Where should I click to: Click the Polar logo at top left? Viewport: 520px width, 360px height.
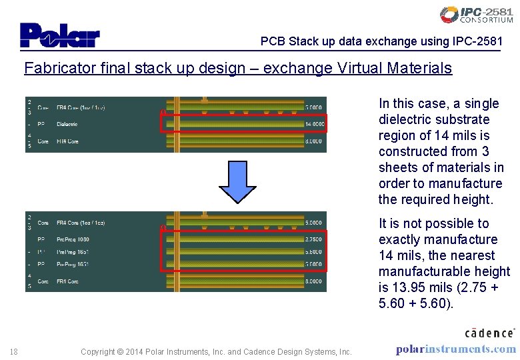tap(59, 35)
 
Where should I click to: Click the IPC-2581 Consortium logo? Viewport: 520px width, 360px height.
tap(476, 15)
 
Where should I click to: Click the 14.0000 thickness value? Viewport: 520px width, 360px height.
tap(313, 124)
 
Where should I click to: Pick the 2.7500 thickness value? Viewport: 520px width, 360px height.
tap(313, 239)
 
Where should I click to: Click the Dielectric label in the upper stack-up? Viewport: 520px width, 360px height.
tap(67, 124)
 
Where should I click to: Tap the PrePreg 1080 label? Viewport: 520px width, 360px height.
tap(73, 239)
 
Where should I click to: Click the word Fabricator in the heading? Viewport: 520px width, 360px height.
tap(55, 68)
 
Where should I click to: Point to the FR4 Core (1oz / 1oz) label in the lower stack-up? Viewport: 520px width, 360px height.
tap(81, 223)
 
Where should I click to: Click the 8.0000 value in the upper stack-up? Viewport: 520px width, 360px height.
tap(313, 141)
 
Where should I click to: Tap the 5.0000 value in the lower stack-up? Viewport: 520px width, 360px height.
tap(313, 223)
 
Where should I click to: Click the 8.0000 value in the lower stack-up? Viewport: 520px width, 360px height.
tap(313, 281)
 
